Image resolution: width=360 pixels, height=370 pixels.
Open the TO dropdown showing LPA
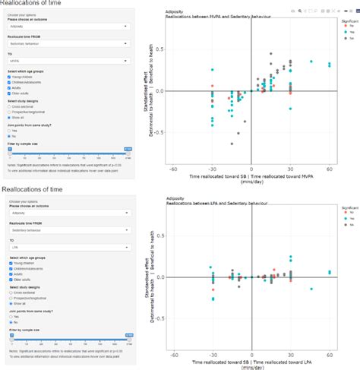click(x=69, y=247)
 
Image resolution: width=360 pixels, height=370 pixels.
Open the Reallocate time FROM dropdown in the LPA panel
click(x=69, y=226)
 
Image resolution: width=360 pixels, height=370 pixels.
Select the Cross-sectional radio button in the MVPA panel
click(x=11, y=109)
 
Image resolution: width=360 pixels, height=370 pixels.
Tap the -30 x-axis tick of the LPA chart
click(x=213, y=354)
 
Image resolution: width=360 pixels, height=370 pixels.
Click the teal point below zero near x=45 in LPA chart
click(x=311, y=289)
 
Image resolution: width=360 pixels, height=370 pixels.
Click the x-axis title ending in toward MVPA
click(x=251, y=176)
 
